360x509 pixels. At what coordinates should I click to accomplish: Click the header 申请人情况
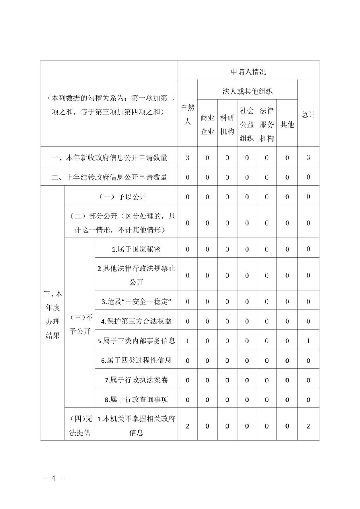pyautogui.click(x=248, y=72)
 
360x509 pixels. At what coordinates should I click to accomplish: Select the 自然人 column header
pyautogui.click(x=187, y=115)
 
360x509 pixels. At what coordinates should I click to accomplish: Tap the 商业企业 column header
pyautogui.click(x=207, y=124)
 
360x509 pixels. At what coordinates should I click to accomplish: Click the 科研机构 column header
pyautogui.click(x=227, y=124)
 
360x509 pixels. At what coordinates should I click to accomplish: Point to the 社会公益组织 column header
pyautogui.click(x=247, y=124)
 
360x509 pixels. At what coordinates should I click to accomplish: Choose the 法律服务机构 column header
pyautogui.click(x=266, y=124)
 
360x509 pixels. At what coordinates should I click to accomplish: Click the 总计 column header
pyautogui.click(x=308, y=115)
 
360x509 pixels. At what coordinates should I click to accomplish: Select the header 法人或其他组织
pyautogui.click(x=247, y=91)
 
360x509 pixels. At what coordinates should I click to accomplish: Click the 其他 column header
pyautogui.click(x=287, y=124)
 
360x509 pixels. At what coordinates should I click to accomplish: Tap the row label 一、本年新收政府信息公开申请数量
pyautogui.click(x=109, y=158)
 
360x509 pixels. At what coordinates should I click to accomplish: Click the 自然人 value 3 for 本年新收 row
pyautogui.click(x=187, y=158)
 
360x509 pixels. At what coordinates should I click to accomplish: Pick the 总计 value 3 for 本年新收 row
pyautogui.click(x=308, y=157)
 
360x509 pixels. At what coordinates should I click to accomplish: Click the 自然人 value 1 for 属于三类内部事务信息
pyautogui.click(x=187, y=341)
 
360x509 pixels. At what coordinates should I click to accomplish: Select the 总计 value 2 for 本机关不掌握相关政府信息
pyautogui.click(x=308, y=426)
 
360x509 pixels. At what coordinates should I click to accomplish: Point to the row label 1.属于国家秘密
pyautogui.click(x=136, y=249)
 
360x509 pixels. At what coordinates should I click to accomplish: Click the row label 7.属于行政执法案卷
pyautogui.click(x=136, y=380)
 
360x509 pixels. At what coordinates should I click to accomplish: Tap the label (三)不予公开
pyautogui.click(x=80, y=324)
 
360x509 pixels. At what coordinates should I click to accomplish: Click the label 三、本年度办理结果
pyautogui.click(x=53, y=314)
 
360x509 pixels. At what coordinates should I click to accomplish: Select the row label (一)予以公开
pyautogui.click(x=122, y=197)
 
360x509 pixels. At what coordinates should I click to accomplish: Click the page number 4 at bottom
pyautogui.click(x=53, y=478)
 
